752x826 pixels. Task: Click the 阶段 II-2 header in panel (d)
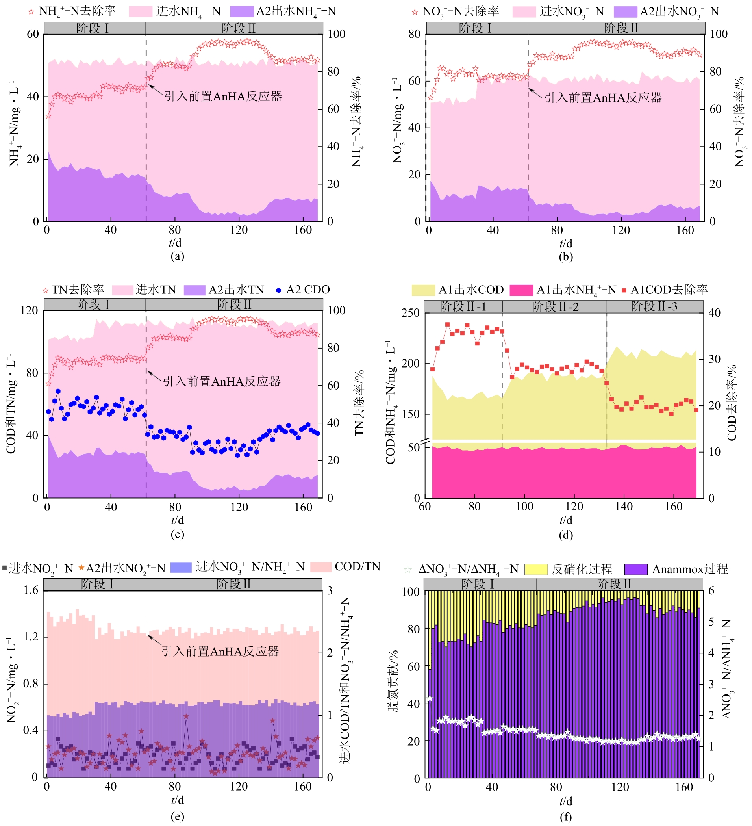click(x=555, y=307)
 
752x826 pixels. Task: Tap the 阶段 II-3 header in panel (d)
click(x=654, y=306)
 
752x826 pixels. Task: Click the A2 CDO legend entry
click(x=303, y=290)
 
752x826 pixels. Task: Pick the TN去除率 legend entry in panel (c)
click(x=74, y=290)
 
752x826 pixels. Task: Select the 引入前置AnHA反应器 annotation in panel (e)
click(x=220, y=652)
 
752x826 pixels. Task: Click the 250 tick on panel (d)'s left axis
click(x=410, y=313)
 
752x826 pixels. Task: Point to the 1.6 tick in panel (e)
click(x=31, y=590)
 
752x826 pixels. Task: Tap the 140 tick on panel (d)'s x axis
click(x=623, y=507)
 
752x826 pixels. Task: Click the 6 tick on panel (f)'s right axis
click(x=711, y=591)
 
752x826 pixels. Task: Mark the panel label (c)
click(x=177, y=534)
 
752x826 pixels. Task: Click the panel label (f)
click(x=566, y=817)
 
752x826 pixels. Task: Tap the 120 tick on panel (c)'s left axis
click(x=29, y=310)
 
